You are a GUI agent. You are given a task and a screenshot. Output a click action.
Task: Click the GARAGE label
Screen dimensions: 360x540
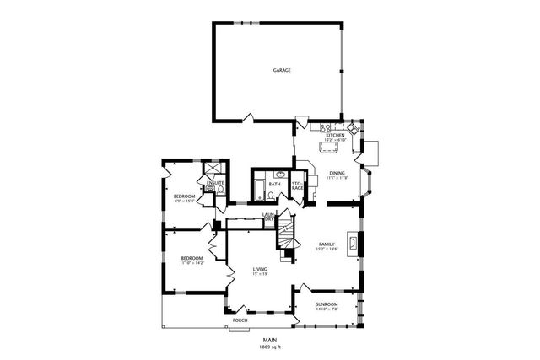click(x=282, y=70)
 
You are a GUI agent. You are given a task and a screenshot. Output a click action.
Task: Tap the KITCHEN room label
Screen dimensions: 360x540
click(x=336, y=135)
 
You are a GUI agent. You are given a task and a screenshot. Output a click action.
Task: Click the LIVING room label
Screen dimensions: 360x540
click(x=261, y=268)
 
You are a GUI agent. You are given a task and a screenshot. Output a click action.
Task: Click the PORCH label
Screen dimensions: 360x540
click(x=240, y=320)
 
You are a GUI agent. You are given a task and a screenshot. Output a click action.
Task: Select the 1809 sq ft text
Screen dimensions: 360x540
click(x=269, y=347)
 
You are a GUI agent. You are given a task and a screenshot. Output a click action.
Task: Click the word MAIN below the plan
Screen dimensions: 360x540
click(x=269, y=340)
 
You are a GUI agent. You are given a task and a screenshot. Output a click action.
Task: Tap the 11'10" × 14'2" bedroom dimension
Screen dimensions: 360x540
click(x=192, y=263)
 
